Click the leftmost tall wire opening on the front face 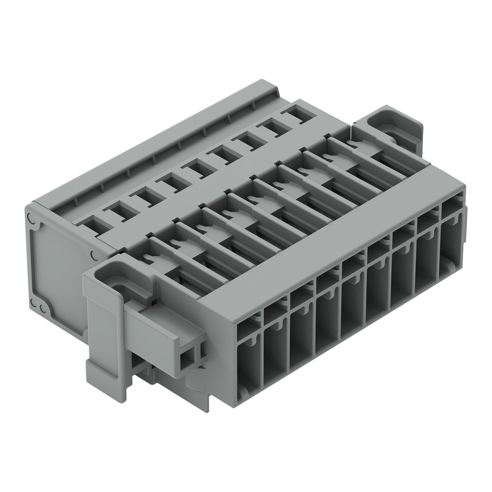pyautogui.click(x=249, y=362)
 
